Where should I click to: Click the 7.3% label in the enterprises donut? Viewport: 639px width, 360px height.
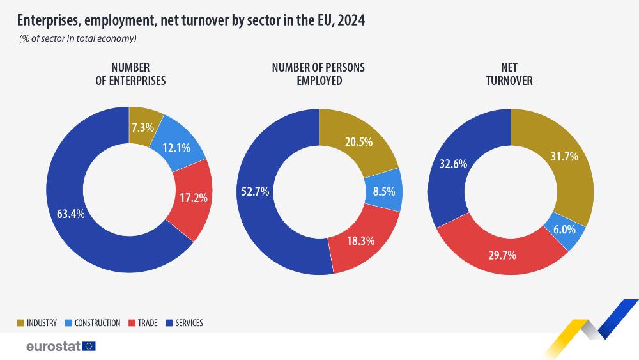142,127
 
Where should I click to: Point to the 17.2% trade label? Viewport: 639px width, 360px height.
192,198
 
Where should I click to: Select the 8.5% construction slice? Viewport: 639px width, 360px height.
382,191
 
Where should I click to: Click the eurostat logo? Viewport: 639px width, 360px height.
61,347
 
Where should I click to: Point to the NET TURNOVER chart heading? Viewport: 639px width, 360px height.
509,74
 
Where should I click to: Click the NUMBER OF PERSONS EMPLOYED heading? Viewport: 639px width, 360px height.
318,74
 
